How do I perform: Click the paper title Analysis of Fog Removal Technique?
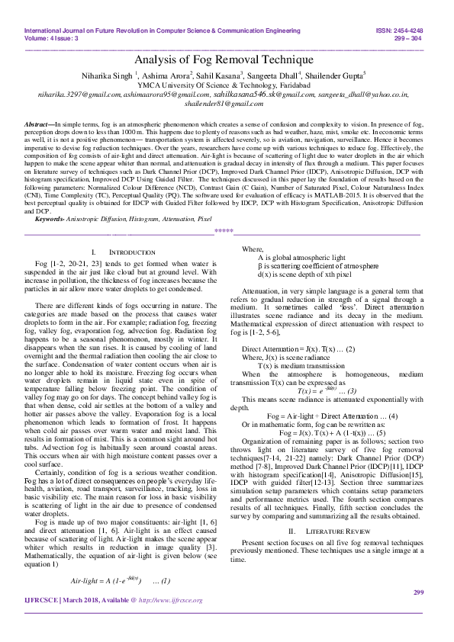224,59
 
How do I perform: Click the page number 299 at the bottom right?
417,614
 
